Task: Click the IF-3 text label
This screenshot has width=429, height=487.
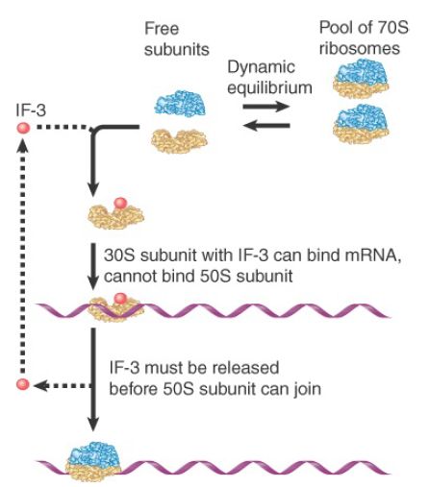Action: pos(31,110)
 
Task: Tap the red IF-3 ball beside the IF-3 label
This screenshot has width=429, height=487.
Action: pos(23,128)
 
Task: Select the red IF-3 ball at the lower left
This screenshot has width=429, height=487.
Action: pos(22,384)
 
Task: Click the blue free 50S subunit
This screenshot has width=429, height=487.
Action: pos(180,103)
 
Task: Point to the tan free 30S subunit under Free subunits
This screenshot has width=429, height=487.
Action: pos(179,141)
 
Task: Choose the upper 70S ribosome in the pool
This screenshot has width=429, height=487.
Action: pos(361,79)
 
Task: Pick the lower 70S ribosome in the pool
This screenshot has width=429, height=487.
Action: pos(361,124)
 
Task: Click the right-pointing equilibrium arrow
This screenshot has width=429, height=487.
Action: pos(266,106)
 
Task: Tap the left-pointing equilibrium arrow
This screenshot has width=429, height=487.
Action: pos(266,125)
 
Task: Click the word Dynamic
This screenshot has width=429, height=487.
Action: pos(261,68)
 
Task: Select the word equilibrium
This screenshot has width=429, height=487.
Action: pos(269,88)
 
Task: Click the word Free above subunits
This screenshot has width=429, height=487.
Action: pos(162,29)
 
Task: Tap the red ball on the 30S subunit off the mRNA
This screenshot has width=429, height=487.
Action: pos(120,203)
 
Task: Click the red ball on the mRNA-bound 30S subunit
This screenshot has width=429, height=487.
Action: pos(120,299)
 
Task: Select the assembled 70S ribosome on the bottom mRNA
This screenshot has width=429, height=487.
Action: pos(93,461)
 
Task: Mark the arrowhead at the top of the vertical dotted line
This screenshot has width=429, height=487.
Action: pos(22,145)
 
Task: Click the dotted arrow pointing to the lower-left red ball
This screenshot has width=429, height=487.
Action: pos(63,386)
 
